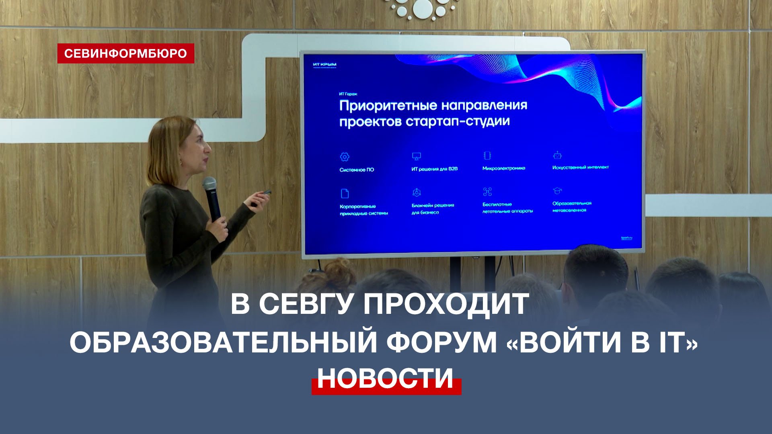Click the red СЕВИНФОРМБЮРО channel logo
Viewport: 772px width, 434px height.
(125, 53)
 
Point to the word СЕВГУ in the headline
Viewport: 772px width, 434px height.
(306, 304)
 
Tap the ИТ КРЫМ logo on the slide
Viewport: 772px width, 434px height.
(324, 64)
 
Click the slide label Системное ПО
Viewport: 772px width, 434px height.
(357, 170)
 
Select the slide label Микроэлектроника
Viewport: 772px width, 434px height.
(504, 168)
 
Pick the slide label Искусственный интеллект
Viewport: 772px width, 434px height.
(580, 167)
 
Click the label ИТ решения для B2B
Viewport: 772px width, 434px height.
(434, 169)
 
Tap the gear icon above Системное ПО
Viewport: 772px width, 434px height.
(345, 157)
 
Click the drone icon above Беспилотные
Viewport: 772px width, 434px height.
(487, 191)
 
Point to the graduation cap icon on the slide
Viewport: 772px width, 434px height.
(557, 190)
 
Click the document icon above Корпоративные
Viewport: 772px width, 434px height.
(345, 194)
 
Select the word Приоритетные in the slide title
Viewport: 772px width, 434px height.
(388, 106)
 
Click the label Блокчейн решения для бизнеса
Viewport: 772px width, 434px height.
(433, 209)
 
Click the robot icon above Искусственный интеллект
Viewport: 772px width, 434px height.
(557, 155)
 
